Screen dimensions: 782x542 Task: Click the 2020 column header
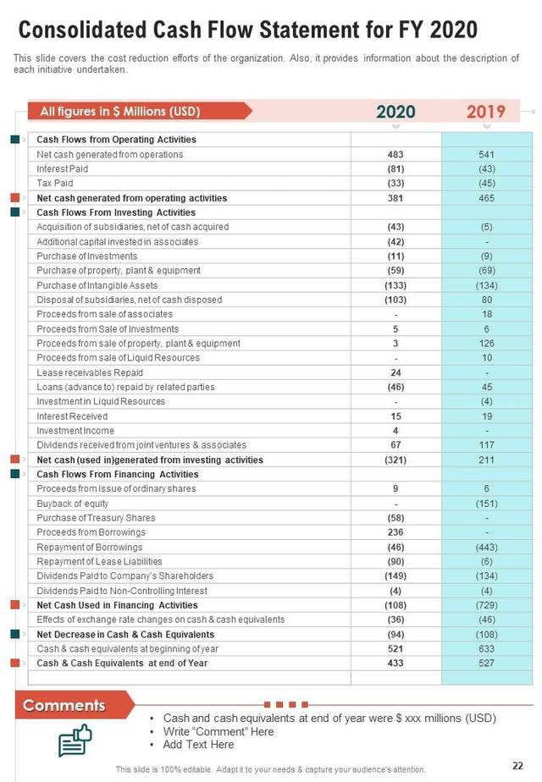click(x=395, y=112)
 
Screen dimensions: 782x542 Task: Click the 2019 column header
click(x=486, y=112)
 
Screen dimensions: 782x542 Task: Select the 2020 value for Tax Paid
click(x=395, y=183)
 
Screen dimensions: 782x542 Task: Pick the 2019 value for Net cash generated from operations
click(x=486, y=154)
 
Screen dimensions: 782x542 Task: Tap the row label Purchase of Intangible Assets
click(x=97, y=285)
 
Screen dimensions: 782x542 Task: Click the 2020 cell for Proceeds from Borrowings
click(x=395, y=532)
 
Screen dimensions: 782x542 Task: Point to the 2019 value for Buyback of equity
click(x=486, y=504)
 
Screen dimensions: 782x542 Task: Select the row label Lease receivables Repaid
click(x=90, y=372)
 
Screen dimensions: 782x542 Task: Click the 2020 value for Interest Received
click(x=395, y=416)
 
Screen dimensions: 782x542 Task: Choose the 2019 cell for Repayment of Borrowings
click(x=486, y=548)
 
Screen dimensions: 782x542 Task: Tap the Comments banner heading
click(x=64, y=705)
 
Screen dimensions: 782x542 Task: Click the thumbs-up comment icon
click(x=75, y=740)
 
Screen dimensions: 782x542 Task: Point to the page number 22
click(x=517, y=763)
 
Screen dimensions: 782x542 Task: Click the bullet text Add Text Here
click(x=199, y=745)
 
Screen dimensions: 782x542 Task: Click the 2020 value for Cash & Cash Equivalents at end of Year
click(x=395, y=664)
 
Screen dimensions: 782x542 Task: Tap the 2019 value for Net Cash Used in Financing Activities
click(x=486, y=605)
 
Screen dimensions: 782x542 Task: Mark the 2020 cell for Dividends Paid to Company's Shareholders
click(x=395, y=576)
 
